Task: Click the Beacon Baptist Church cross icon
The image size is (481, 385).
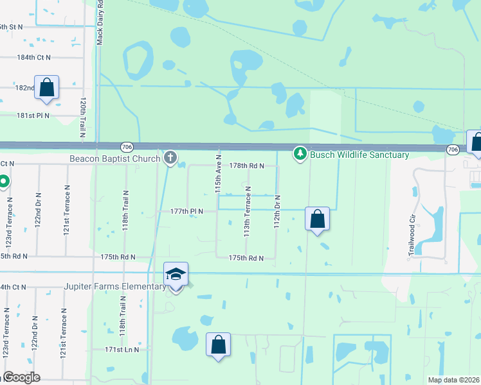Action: [170, 157]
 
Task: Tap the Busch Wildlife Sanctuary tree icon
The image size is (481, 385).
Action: [300, 154]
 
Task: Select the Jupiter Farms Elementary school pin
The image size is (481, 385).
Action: [176, 275]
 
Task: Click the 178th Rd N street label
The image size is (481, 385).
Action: [247, 166]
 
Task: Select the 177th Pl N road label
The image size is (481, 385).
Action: [186, 210]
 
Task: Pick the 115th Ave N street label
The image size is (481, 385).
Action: [219, 174]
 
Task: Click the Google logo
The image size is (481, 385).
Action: [21, 378]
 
